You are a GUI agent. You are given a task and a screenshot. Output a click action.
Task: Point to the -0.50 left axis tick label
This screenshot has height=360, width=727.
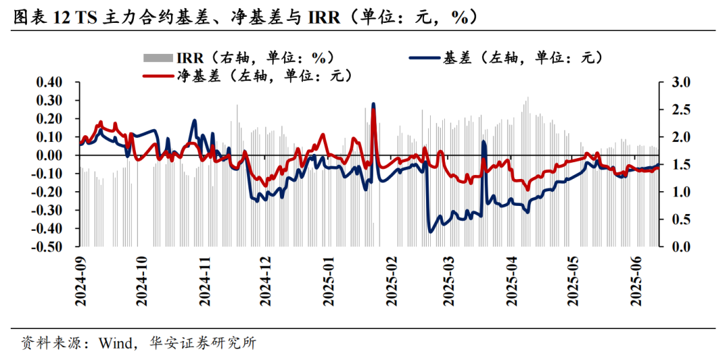45,247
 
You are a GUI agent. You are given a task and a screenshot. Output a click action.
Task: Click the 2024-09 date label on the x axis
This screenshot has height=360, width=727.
80,283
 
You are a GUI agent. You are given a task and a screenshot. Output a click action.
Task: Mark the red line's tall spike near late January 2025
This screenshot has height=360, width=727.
374,110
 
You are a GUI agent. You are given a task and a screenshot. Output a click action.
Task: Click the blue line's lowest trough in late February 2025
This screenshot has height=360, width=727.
431,231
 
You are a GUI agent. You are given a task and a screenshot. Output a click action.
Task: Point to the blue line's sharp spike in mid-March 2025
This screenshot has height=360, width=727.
484,143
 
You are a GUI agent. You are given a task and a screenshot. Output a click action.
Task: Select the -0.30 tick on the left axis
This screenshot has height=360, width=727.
45,210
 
